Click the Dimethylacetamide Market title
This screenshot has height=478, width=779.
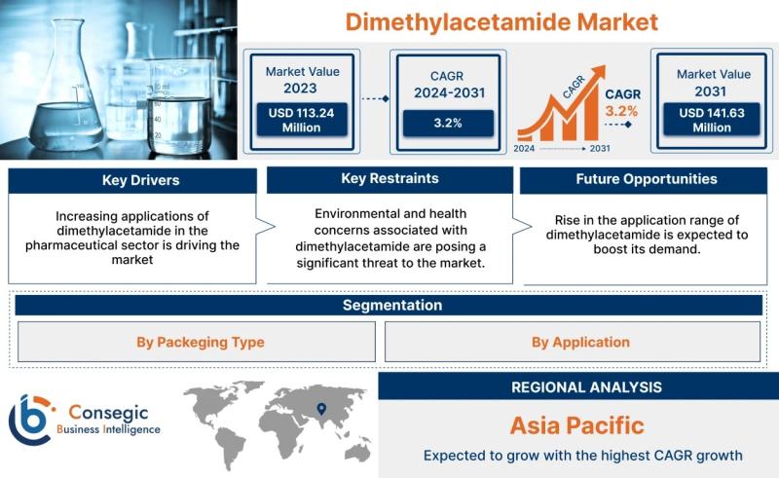click(501, 22)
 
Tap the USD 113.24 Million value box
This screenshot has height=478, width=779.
click(302, 120)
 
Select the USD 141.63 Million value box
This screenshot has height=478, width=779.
click(712, 120)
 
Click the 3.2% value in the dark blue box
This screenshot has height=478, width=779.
click(448, 123)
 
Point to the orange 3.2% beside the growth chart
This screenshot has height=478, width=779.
click(621, 111)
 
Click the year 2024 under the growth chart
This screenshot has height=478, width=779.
click(524, 148)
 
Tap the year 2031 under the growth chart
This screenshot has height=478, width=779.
click(600, 148)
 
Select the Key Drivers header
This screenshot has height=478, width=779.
click(140, 180)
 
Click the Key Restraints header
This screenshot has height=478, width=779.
click(390, 178)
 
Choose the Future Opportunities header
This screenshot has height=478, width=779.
click(647, 179)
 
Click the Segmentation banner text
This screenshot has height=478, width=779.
click(392, 305)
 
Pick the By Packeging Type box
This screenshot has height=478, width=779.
click(197, 342)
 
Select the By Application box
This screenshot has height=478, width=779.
click(573, 342)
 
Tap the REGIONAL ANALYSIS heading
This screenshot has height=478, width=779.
click(587, 387)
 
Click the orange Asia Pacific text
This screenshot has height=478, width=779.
click(577, 425)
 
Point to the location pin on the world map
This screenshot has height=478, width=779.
click(321, 409)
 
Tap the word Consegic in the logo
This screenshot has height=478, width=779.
click(108, 413)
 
